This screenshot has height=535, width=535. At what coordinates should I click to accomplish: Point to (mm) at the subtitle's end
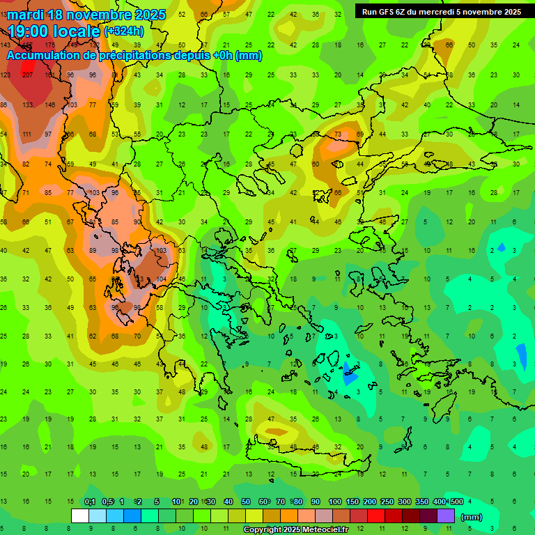pos(249,56)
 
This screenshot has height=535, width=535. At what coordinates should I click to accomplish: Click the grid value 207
pos(28,75)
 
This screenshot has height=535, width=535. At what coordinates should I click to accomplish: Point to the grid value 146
pos(50,104)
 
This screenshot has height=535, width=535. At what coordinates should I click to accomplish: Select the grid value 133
pos(28,104)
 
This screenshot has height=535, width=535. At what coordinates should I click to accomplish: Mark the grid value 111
pos(28,134)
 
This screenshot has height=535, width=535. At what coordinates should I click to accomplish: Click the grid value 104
pos(162,279)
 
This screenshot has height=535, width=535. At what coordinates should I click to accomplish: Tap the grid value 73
pos(338,134)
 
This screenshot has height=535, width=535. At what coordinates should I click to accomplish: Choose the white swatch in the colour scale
pos(80,515)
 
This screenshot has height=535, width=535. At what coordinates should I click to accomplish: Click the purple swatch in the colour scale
pos(446,515)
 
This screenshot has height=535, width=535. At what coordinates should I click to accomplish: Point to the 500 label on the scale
pos(456,502)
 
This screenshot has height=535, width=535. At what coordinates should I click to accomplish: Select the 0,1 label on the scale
pos(90,502)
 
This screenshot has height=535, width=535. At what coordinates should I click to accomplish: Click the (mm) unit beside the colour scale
pos(472,517)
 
